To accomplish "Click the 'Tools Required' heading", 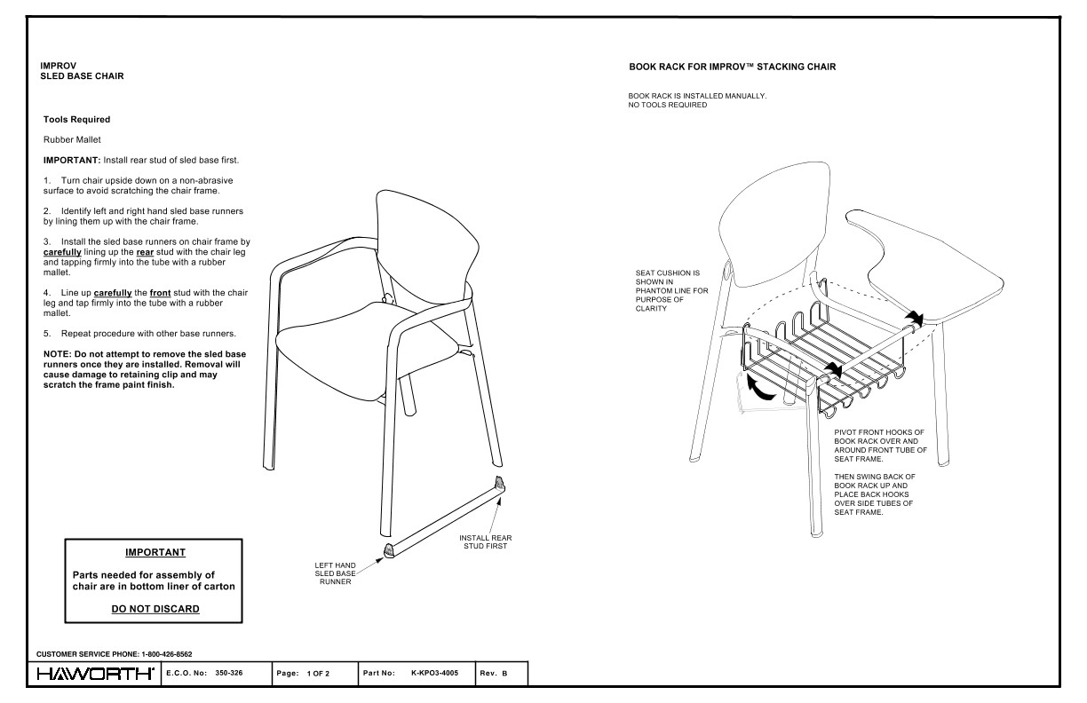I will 76,119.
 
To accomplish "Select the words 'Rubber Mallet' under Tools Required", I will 72,139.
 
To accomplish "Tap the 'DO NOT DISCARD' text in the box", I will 155,609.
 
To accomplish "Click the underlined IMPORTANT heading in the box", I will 155,552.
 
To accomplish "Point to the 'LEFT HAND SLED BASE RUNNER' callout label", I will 335,573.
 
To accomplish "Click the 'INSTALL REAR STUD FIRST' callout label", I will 485,542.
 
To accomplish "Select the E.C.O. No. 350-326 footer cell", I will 217,674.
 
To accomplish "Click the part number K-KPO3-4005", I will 436,674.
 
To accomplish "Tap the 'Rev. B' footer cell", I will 494,674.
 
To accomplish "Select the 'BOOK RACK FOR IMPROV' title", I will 732,67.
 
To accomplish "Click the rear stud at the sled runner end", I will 499,483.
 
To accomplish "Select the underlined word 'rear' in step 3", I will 145,253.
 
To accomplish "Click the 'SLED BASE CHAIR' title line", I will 82,76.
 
